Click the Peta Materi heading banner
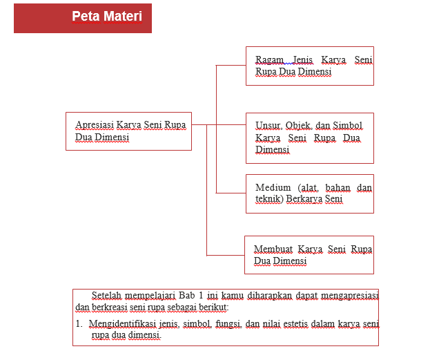(83, 17)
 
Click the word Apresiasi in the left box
(95, 125)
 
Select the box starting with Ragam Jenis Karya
(309, 66)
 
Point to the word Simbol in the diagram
(347, 126)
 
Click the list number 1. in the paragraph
(79, 323)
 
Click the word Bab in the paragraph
(177, 296)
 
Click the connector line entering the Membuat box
(226, 255)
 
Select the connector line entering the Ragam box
(231, 66)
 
